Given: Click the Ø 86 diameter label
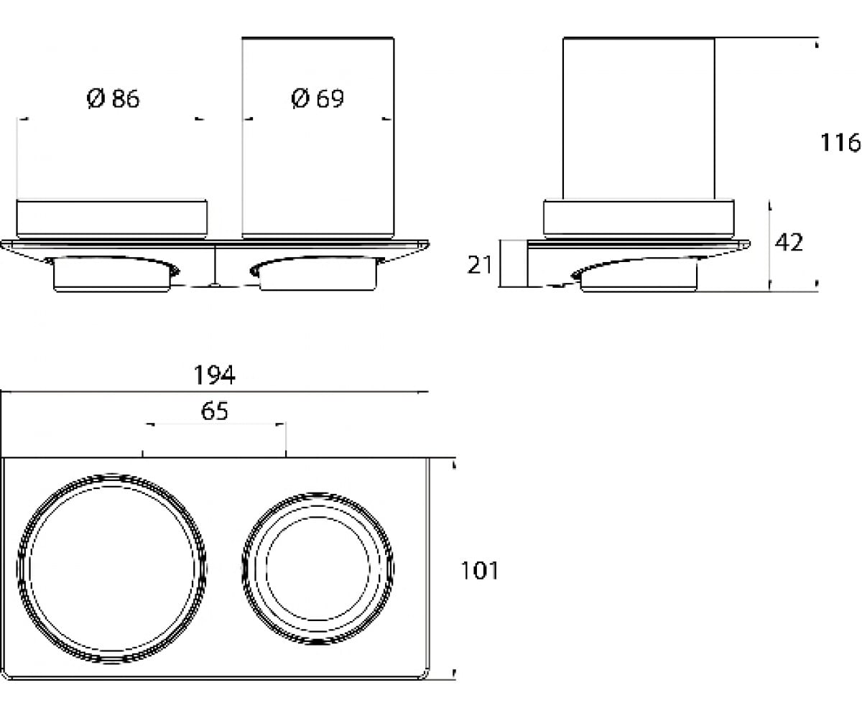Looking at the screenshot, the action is coord(113,99).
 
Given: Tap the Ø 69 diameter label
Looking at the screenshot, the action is coord(317,99).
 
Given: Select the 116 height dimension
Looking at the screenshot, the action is coord(840,143).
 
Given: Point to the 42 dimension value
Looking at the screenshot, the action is coord(789,242).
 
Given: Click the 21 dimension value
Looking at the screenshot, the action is coord(479,265).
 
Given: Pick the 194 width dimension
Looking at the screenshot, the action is coord(214,375).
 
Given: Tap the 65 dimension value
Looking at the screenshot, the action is coord(214,411).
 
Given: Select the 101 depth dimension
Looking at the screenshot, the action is coord(479,571).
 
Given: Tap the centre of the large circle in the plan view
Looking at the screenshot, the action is coord(111,569).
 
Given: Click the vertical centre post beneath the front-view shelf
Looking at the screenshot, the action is coord(215,265).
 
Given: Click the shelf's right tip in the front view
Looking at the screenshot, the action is coord(429,243).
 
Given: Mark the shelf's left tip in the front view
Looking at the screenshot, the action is coord(1,243).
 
